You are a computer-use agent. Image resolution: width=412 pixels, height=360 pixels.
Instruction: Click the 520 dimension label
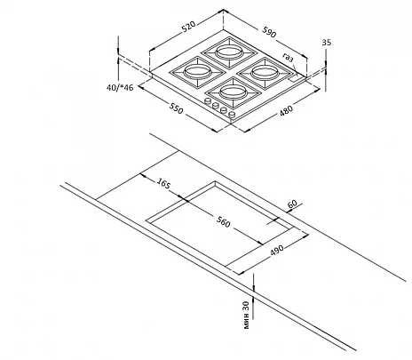tap(188, 26)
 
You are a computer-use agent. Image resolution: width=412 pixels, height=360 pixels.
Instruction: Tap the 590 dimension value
tap(269, 32)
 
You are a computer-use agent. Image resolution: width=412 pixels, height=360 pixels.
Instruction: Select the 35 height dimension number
tap(327, 43)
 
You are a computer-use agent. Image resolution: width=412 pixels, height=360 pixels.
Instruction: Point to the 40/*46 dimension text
tap(120, 88)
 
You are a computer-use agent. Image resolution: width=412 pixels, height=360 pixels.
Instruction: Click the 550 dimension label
tap(177, 108)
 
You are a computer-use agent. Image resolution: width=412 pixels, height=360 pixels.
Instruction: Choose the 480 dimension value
tap(286, 110)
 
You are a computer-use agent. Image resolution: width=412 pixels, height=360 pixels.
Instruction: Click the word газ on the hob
tap(288, 57)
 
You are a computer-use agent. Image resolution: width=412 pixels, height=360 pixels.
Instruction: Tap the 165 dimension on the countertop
tap(163, 183)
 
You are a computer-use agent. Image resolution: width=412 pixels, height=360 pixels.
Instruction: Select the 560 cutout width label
tap(223, 222)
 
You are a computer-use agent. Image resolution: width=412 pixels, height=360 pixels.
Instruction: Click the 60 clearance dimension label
tap(292, 204)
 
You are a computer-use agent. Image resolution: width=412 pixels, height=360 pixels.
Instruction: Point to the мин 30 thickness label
tap(247, 315)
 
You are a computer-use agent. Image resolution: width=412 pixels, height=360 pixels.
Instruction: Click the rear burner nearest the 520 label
tap(228, 52)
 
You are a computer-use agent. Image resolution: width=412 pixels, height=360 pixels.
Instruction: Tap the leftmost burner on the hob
tap(196, 71)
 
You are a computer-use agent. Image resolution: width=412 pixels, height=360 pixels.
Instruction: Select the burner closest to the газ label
tap(264, 72)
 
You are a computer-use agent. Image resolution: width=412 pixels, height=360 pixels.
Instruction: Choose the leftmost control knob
tap(208, 100)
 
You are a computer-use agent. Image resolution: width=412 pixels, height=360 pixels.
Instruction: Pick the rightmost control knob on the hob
tap(233, 114)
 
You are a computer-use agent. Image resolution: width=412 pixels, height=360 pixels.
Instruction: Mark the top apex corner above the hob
tap(224, 10)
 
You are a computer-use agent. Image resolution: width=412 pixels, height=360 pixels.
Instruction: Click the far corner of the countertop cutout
tap(216, 181)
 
